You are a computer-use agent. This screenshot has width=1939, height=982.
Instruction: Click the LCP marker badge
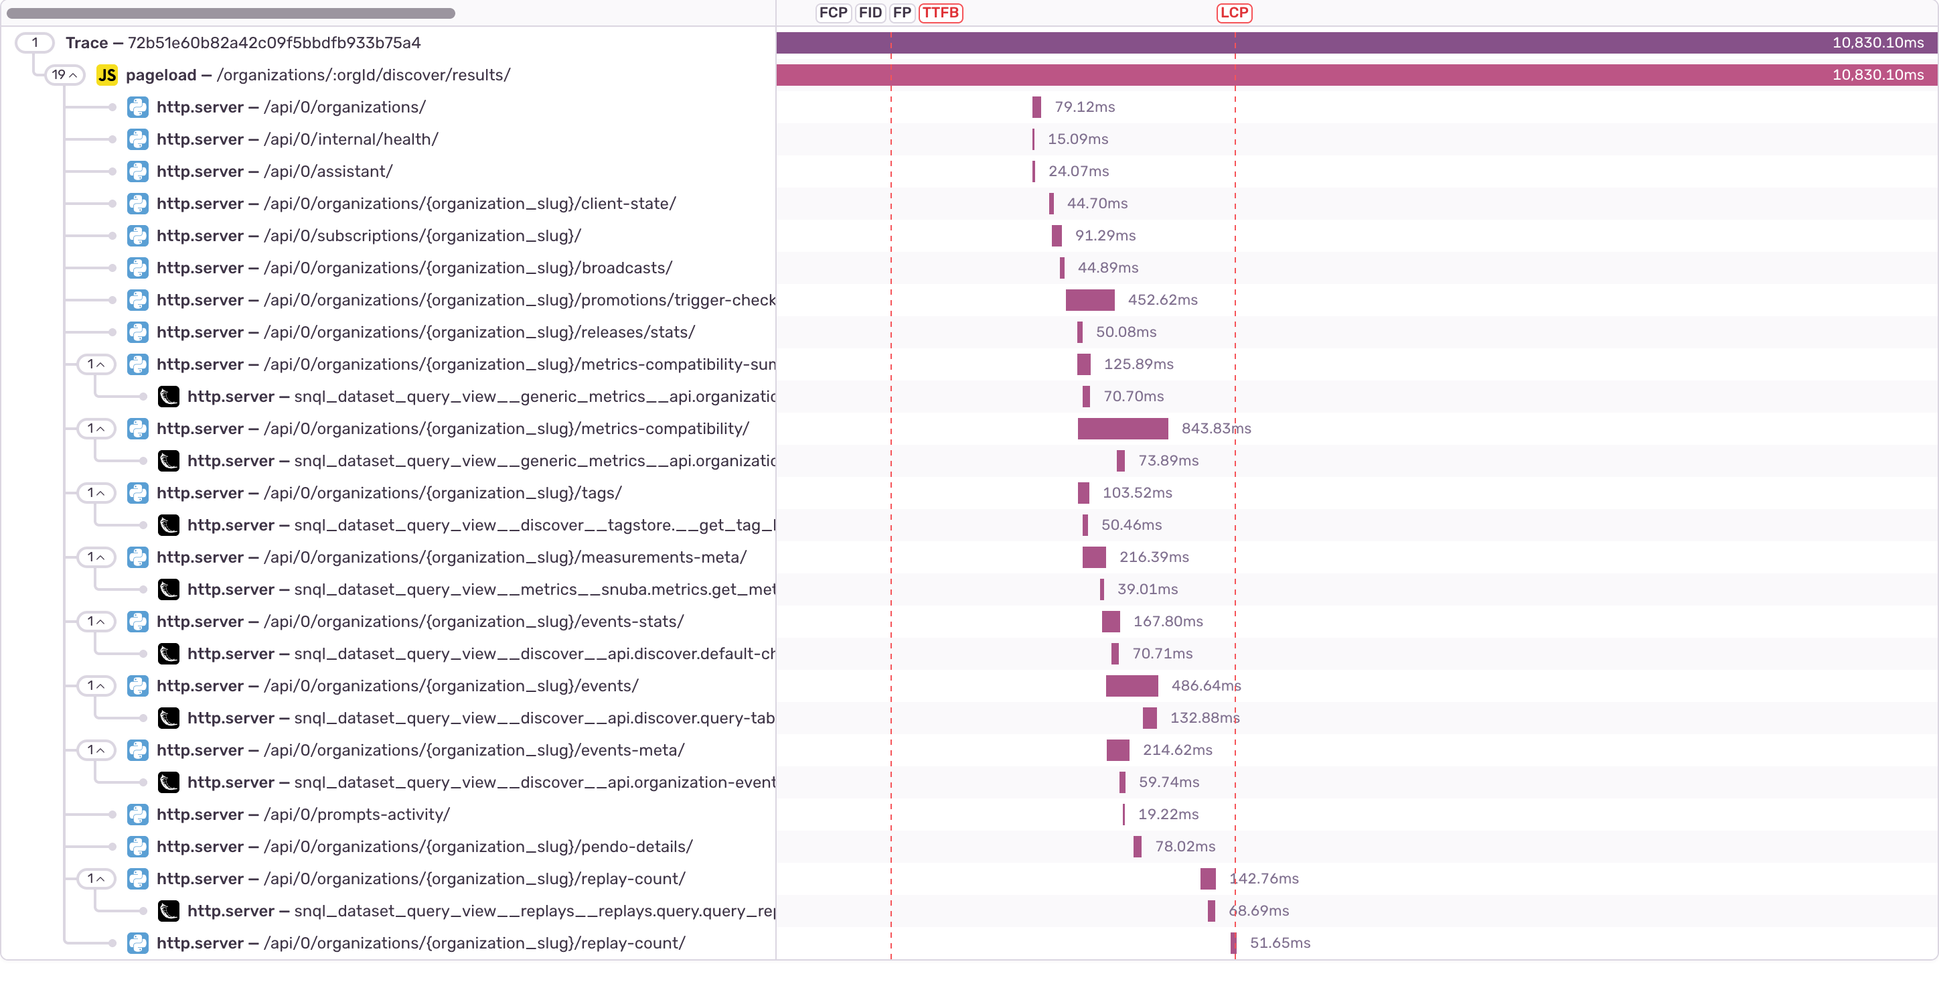(x=1234, y=13)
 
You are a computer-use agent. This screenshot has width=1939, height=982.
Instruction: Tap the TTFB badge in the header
(x=940, y=13)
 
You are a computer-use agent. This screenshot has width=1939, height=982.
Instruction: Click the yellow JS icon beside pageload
(x=107, y=75)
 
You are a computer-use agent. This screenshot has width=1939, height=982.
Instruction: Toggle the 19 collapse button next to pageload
(x=65, y=75)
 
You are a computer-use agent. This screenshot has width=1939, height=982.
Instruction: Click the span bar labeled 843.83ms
(x=1122, y=429)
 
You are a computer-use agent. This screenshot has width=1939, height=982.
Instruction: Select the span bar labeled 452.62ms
(x=1089, y=299)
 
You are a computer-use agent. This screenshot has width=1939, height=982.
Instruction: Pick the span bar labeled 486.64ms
(x=1132, y=686)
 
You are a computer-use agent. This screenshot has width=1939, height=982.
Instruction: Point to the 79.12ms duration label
(x=1084, y=107)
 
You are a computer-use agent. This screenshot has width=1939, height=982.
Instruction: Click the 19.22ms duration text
(x=1168, y=814)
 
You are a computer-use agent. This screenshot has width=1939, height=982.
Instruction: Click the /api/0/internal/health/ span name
(x=350, y=139)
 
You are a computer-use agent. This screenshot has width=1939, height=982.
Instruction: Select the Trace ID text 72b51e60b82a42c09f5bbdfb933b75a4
(x=274, y=43)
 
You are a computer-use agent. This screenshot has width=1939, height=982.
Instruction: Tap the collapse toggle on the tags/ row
(x=96, y=492)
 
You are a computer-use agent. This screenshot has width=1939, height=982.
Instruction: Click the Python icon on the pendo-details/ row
(x=138, y=847)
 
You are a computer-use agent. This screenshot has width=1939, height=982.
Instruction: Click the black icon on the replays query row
(x=169, y=911)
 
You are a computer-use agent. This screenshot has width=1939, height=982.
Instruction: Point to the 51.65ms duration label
(x=1279, y=943)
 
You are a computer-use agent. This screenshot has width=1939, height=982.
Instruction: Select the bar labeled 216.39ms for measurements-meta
(x=1093, y=557)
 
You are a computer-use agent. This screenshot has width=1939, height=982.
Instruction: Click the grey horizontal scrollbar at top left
(x=230, y=13)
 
